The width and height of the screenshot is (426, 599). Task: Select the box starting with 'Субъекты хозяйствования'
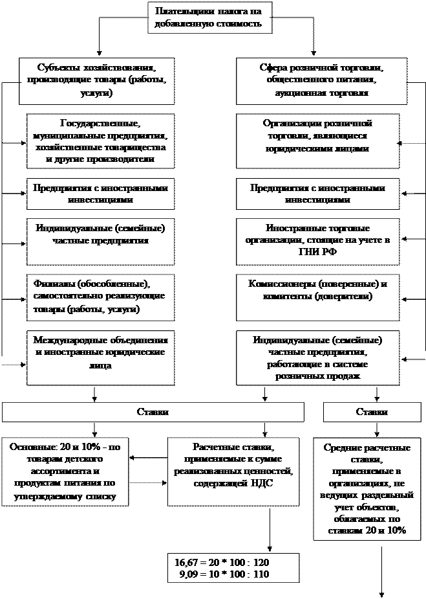tap(97, 80)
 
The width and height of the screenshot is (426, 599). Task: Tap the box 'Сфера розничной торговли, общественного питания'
tap(321, 80)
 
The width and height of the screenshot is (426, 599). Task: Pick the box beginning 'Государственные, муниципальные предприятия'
tap(101, 141)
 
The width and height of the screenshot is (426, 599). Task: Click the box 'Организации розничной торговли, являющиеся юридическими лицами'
tap(317, 135)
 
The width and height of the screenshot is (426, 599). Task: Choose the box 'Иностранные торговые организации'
tap(317, 241)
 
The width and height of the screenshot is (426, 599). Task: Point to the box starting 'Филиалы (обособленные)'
tap(101, 297)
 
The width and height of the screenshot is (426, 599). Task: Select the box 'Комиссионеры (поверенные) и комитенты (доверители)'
tap(317, 290)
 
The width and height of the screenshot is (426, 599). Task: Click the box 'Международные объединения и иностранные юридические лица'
tap(101, 354)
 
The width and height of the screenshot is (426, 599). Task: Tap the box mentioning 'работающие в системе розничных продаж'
tap(317, 357)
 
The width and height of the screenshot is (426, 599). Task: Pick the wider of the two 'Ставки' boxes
tap(153, 412)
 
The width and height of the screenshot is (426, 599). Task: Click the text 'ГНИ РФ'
tap(317, 253)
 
